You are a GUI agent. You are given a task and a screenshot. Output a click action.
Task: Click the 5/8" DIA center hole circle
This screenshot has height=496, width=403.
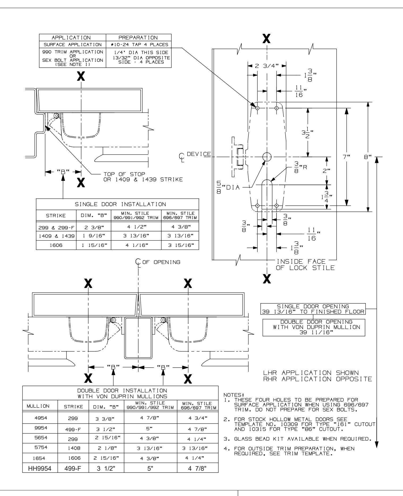[x=267, y=157]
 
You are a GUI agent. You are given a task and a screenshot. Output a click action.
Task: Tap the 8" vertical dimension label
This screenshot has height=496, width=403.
[x=368, y=157]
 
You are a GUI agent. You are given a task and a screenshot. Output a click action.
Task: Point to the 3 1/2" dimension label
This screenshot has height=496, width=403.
[x=308, y=132]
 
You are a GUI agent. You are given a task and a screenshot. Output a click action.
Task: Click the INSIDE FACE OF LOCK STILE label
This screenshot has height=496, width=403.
[x=305, y=265]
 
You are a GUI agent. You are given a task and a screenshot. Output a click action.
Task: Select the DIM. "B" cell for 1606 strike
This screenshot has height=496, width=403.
[x=93, y=245]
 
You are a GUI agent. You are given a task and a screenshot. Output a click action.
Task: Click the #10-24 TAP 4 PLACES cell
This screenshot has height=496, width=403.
[x=138, y=44]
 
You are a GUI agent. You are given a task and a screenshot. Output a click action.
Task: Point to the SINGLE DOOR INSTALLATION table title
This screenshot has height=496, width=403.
[x=117, y=204]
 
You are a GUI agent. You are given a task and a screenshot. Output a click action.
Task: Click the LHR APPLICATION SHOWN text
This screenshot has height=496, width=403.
[x=310, y=373]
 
